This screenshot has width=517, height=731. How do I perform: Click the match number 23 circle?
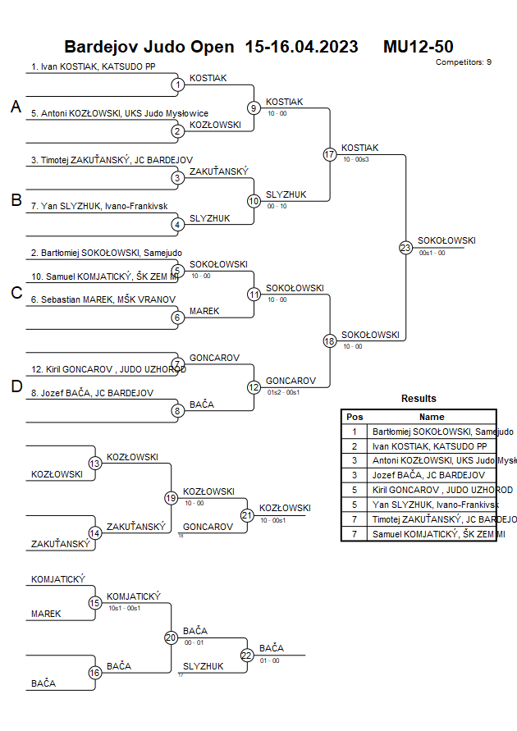[x=405, y=248]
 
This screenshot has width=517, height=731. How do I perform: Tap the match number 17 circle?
[x=330, y=154]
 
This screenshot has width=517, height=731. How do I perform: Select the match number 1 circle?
[x=177, y=84]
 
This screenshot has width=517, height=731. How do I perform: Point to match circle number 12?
[x=254, y=387]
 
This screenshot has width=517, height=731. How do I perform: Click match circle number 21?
[x=247, y=515]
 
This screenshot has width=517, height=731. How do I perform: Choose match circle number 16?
[x=95, y=673]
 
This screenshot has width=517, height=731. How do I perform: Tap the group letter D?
[x=16, y=387]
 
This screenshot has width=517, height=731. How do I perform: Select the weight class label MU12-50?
[x=418, y=47]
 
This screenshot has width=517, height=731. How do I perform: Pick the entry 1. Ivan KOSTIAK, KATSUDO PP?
[x=93, y=66]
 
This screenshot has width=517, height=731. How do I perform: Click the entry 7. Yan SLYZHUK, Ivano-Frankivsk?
[x=93, y=206]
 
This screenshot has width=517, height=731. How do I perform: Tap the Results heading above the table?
[x=419, y=398]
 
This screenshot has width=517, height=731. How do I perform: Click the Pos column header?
[x=355, y=417]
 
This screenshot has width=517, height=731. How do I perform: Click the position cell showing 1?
[x=355, y=431]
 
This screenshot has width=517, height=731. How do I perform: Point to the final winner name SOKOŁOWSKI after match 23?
[x=446, y=240]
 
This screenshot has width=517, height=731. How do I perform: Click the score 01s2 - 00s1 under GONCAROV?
[x=283, y=392]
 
